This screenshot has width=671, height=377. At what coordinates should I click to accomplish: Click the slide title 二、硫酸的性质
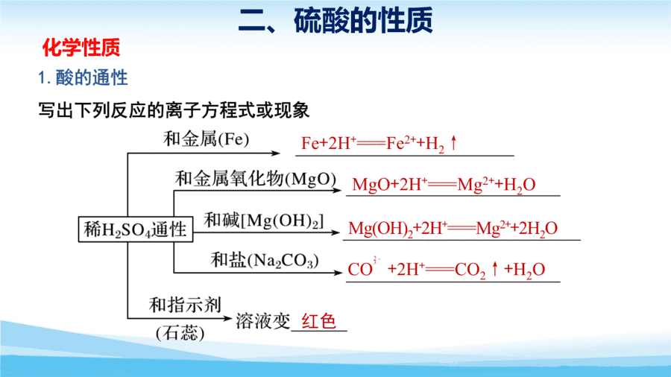pyautogui.click(x=335, y=20)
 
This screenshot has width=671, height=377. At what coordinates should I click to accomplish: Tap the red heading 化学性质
pyautogui.click(x=81, y=48)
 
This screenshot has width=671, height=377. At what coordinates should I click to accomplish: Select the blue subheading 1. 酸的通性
pyautogui.click(x=83, y=77)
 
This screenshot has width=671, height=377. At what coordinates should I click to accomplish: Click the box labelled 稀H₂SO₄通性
pyautogui.click(x=136, y=229)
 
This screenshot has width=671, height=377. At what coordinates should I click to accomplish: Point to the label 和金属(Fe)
pyautogui.click(x=206, y=139)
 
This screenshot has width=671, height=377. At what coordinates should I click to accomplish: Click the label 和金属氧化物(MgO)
pyautogui.click(x=256, y=179)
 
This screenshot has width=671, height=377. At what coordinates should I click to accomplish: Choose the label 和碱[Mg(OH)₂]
pyautogui.click(x=264, y=221)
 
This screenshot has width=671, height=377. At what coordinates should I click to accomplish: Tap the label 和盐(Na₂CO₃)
pyautogui.click(x=265, y=260)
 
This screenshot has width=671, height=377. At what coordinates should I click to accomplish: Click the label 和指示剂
pyautogui.click(x=185, y=305)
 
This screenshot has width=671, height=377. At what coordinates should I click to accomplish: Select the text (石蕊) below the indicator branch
pyautogui.click(x=180, y=333)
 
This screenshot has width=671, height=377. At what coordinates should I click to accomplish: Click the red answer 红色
pyautogui.click(x=319, y=321)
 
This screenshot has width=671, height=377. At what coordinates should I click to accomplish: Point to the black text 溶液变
pyautogui.click(x=263, y=321)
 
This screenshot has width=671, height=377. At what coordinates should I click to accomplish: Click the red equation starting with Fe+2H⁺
pyautogui.click(x=379, y=144)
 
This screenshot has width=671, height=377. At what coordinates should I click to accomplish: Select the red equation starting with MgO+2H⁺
pyautogui.click(x=444, y=185)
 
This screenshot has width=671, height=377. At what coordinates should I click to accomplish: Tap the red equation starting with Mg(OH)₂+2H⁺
pyautogui.click(x=453, y=229)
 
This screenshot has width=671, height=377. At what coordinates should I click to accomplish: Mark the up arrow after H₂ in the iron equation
pyautogui.click(x=453, y=142)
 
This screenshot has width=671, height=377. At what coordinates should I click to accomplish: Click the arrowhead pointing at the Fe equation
pyautogui.click(x=276, y=153)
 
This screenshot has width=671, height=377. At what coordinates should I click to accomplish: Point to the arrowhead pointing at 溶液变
pyautogui.click(x=227, y=318)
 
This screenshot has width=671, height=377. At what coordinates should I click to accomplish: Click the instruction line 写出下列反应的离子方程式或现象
pyautogui.click(x=174, y=110)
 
